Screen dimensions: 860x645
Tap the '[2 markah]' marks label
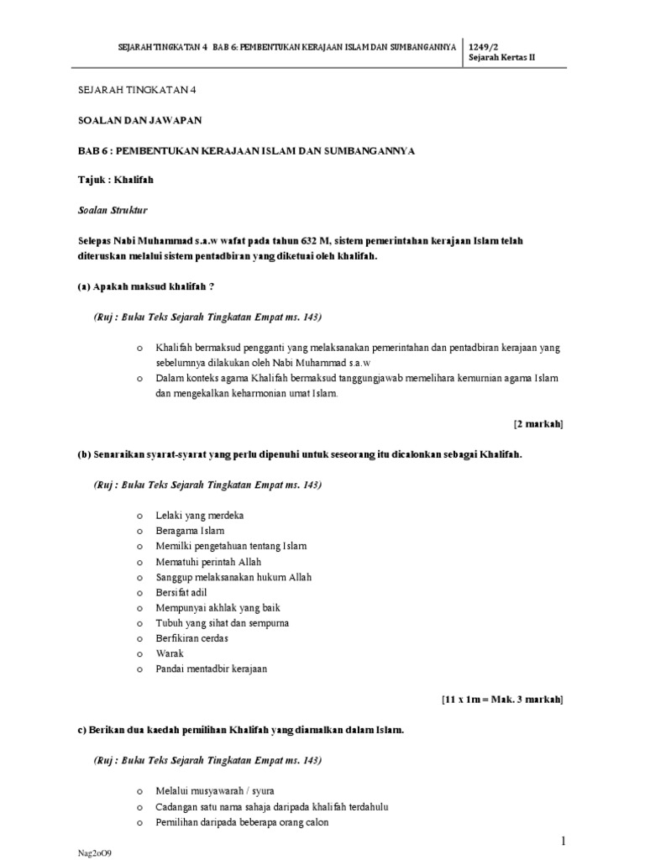538,424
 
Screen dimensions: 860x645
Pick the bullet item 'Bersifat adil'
181,592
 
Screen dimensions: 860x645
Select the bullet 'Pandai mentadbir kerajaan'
211,669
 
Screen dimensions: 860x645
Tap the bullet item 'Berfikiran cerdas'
191,638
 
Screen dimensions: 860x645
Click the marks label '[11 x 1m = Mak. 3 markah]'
502,699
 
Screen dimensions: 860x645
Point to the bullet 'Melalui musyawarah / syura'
215,791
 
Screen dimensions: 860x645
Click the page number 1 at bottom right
564,842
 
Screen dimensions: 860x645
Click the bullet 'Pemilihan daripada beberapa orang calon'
242,822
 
